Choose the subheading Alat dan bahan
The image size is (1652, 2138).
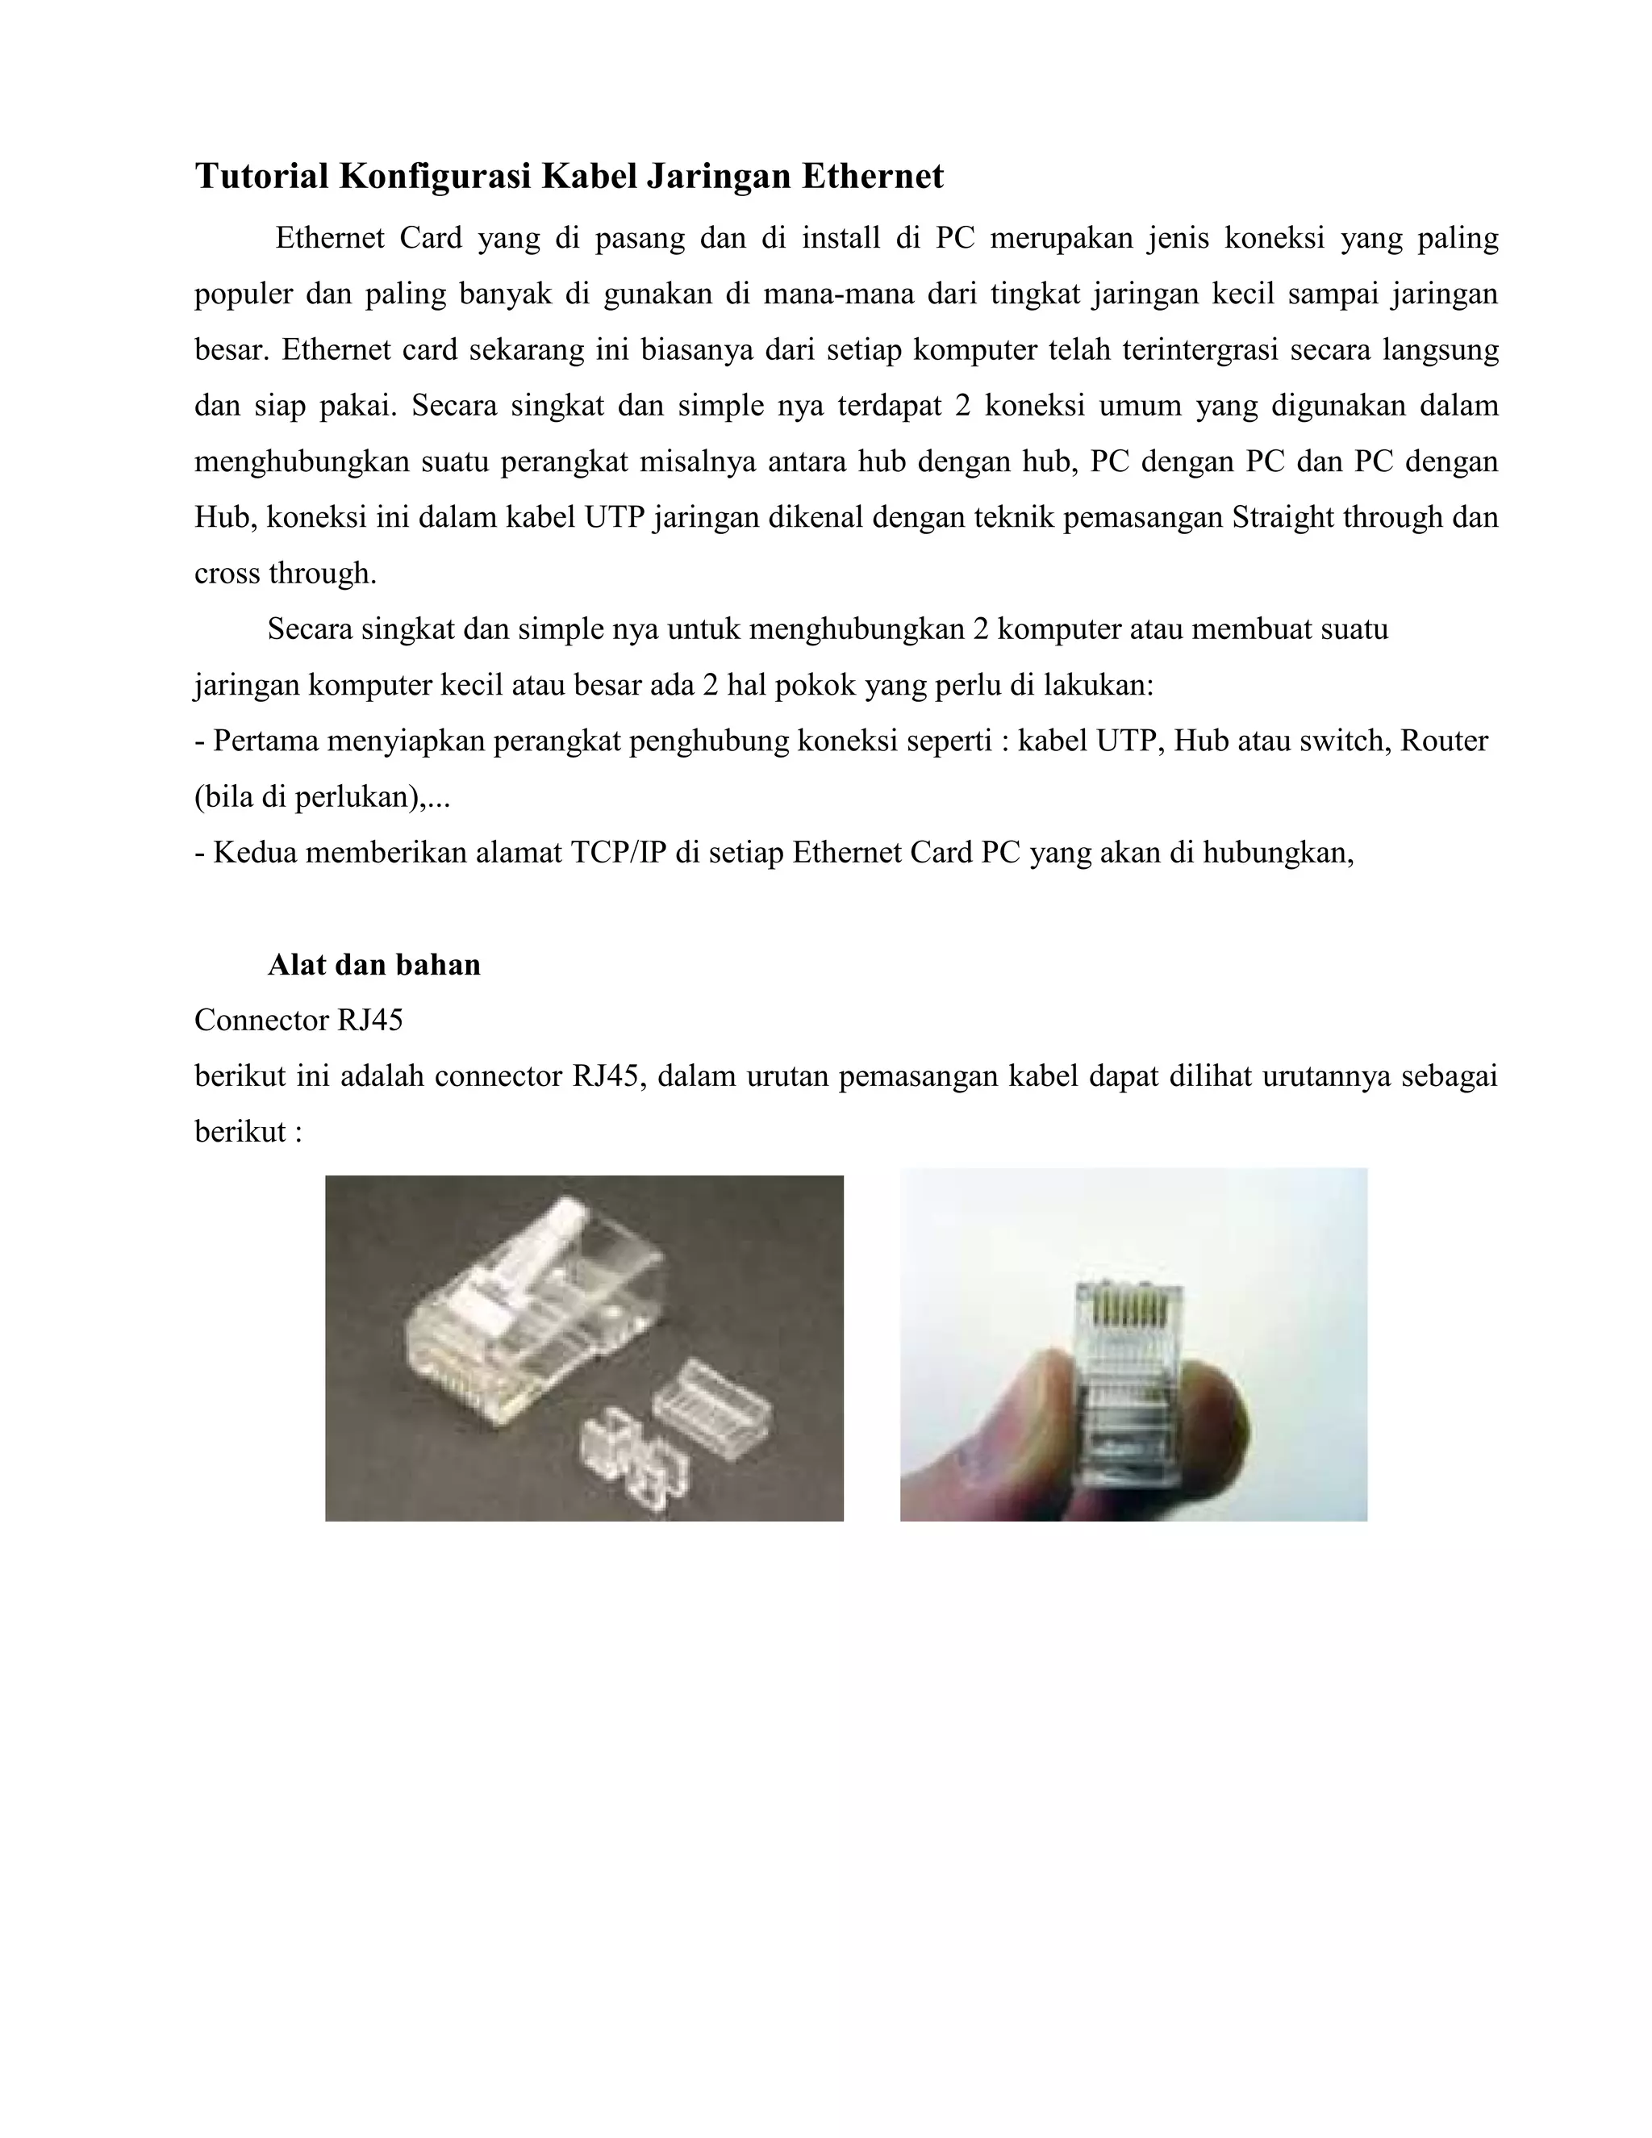[373, 965]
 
